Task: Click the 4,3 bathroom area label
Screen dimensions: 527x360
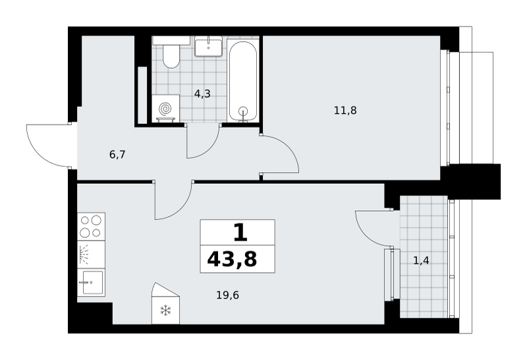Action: pos(202,94)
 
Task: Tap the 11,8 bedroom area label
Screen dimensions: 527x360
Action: pos(345,110)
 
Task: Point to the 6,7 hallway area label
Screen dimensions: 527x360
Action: pos(117,155)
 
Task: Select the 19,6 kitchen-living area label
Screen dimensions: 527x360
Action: pos(227,295)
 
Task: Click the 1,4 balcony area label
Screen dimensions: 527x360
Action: pos(421,260)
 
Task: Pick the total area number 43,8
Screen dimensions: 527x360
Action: pos(232,259)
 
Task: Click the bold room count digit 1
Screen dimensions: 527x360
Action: pos(240,233)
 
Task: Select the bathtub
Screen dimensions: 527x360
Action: pos(243,80)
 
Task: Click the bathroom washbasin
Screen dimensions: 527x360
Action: pos(208,46)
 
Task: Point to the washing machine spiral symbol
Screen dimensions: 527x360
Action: pos(165,109)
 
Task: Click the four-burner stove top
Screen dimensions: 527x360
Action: pos(91,226)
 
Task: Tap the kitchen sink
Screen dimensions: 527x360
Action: pos(91,283)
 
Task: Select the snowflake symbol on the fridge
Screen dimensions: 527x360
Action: pos(165,310)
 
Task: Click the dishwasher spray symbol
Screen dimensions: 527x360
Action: pos(84,255)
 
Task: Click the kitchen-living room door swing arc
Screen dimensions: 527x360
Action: pos(180,210)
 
